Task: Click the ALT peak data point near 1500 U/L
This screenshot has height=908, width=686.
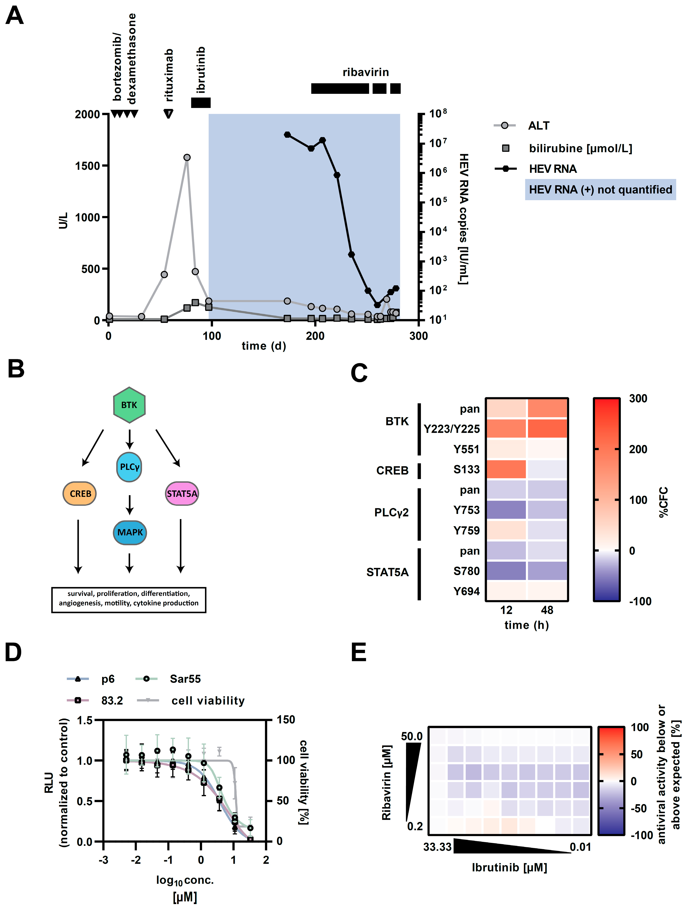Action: (x=187, y=157)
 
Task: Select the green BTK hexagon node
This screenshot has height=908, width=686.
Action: (x=129, y=405)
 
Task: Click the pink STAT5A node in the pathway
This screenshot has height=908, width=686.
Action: (x=182, y=493)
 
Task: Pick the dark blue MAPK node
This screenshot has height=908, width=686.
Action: (x=130, y=532)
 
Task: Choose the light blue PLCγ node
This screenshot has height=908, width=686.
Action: (x=129, y=467)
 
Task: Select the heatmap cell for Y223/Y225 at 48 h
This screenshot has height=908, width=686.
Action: (x=547, y=429)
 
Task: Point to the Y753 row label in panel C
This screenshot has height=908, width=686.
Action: (x=466, y=510)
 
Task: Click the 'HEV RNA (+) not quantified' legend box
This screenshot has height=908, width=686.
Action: (x=600, y=190)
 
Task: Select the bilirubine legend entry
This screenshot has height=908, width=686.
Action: (x=580, y=148)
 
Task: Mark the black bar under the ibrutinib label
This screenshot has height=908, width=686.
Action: (x=201, y=103)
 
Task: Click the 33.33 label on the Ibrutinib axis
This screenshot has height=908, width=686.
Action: (x=437, y=847)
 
